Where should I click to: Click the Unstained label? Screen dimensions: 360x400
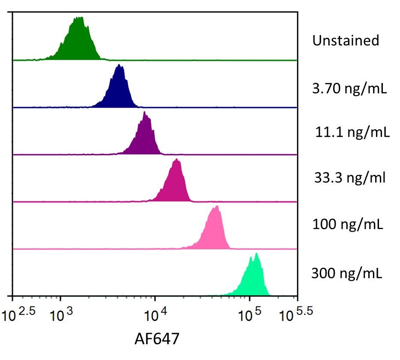346,41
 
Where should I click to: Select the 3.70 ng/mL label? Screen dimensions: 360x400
350,90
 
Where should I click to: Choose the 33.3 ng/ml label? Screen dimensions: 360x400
349,177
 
